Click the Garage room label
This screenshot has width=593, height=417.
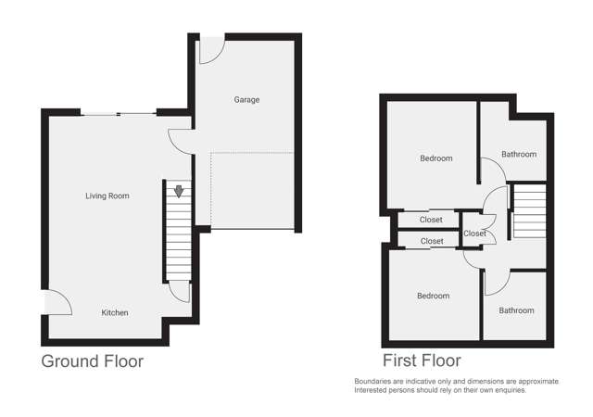pos(246,99)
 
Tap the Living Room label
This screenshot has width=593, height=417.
pos(107,196)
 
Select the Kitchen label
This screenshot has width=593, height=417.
pos(115,312)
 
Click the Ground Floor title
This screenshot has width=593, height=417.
pos(92,361)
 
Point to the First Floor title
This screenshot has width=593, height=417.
pos(422,360)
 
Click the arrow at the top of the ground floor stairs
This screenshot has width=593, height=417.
pos(178,192)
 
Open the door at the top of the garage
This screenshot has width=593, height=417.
pos(210,51)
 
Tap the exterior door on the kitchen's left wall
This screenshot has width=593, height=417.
pos(57,302)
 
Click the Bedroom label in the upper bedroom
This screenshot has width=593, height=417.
pos(435,158)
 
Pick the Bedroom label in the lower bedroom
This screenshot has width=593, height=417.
pos(433,296)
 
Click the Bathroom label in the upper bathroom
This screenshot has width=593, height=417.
pos(519,155)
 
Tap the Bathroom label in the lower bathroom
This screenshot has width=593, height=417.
pos(516,310)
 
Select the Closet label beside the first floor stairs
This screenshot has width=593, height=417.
pos(474,234)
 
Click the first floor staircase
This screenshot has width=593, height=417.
pos(530,209)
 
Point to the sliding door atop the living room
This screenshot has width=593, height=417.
pos(118,113)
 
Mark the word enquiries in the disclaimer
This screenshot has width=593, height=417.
pos(504,390)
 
